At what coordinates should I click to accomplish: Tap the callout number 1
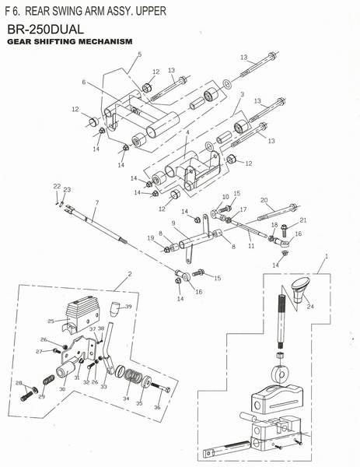pyautogui.click(x=327, y=256)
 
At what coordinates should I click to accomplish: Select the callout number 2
pyautogui.click(x=130, y=274)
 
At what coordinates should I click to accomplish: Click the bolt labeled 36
pyautogui.click(x=160, y=387)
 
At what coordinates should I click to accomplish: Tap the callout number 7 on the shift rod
pyautogui.click(x=97, y=202)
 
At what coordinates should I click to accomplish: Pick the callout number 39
pyautogui.click(x=128, y=307)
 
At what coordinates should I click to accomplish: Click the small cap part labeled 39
pyautogui.click(x=114, y=309)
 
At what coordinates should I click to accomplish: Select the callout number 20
pyautogui.click(x=264, y=200)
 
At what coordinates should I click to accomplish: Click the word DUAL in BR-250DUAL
pyautogui.click(x=66, y=30)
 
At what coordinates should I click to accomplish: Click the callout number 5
pyautogui.click(x=139, y=54)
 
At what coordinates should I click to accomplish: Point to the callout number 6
pyautogui.click(x=84, y=82)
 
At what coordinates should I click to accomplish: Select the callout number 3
pyautogui.click(x=242, y=94)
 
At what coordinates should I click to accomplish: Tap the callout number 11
pyautogui.click(x=251, y=246)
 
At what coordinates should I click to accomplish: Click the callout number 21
pyautogui.click(x=303, y=220)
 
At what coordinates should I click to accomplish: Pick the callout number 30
pyautogui.click(x=62, y=389)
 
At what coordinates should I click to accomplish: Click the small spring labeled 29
pyautogui.click(x=48, y=380)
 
